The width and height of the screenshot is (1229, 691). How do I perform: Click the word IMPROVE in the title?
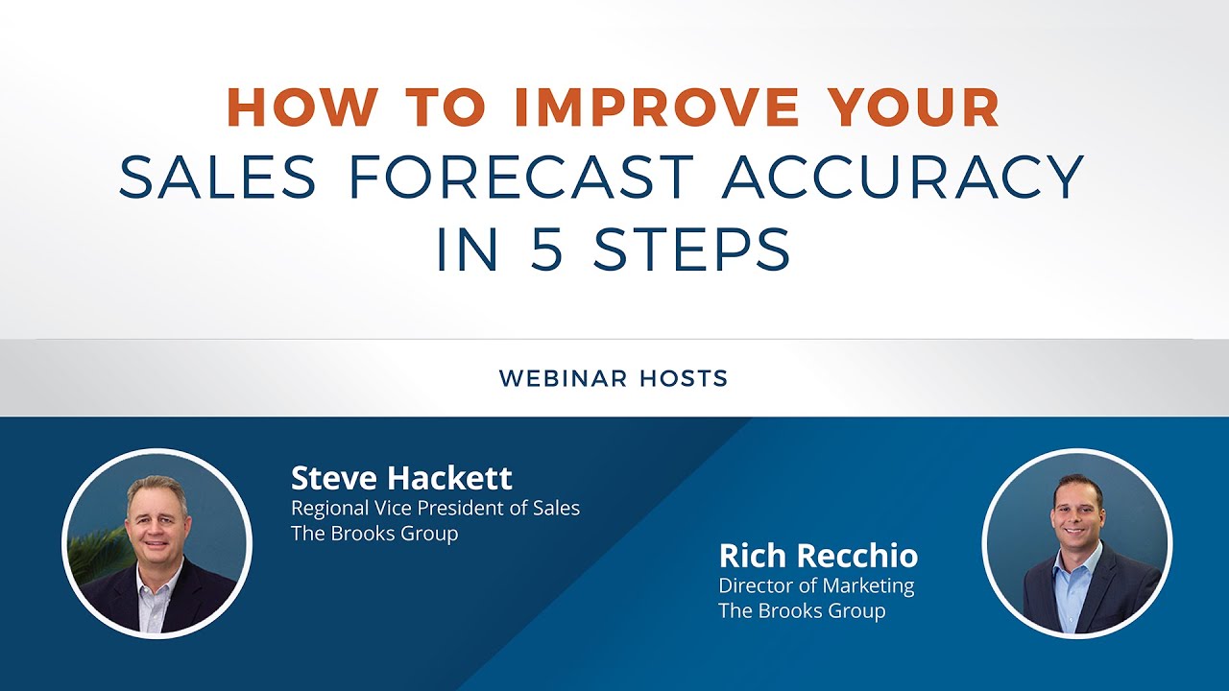(656, 107)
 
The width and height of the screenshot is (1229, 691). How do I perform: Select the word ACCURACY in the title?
(904, 178)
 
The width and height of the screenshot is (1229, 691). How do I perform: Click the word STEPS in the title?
(692, 250)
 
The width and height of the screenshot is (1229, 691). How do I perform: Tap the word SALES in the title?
(218, 178)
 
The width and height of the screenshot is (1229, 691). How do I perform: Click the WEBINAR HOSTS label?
(614, 379)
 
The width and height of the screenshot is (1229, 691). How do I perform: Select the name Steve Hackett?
(401, 477)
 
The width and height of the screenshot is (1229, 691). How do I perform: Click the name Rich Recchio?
(818, 555)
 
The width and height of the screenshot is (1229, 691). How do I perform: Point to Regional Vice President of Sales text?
(435, 508)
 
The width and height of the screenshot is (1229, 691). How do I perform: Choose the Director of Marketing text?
(816, 584)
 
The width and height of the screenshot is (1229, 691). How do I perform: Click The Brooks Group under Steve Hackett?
(374, 534)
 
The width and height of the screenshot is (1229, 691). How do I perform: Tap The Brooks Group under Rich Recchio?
(802, 610)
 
